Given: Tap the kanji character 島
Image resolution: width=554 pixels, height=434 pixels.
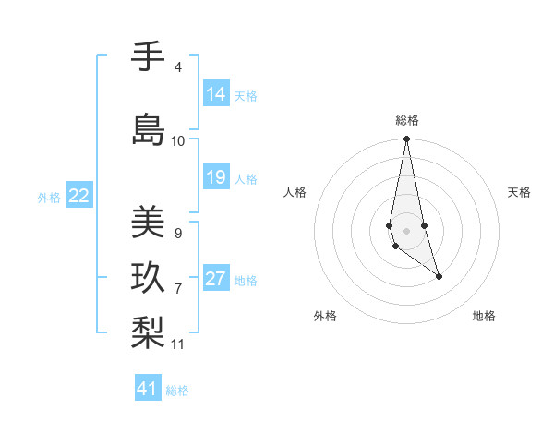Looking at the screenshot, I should pyautogui.click(x=148, y=128).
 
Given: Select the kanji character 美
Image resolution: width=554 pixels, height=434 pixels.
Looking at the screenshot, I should pyautogui.click(x=148, y=222).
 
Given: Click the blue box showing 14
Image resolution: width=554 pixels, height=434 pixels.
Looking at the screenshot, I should pyautogui.click(x=216, y=94).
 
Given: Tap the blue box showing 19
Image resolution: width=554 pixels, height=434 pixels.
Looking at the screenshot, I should pyautogui.click(x=216, y=177).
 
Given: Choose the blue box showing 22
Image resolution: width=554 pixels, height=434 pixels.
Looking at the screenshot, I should pyautogui.click(x=79, y=196).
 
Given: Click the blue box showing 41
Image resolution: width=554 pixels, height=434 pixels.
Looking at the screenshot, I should pyautogui.click(x=148, y=389).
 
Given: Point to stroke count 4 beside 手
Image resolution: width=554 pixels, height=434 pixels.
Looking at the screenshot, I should pyautogui.click(x=177, y=67).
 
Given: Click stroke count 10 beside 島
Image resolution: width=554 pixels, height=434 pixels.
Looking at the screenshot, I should pyautogui.click(x=177, y=141).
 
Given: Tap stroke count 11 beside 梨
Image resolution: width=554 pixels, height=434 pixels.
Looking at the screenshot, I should pyautogui.click(x=178, y=344).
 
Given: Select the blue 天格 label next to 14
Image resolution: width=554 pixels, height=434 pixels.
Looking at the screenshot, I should pyautogui.click(x=246, y=95).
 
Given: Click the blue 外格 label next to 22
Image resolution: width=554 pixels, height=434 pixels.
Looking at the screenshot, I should pyautogui.click(x=49, y=197).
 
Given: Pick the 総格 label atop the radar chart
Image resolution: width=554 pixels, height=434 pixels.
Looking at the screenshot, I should pyautogui.click(x=406, y=120).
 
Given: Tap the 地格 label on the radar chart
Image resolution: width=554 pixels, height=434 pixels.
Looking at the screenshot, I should pyautogui.click(x=484, y=316).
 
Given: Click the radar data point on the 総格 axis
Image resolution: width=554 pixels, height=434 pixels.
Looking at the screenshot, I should pyautogui.click(x=406, y=139).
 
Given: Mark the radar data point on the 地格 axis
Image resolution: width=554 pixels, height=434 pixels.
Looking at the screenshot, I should pyautogui.click(x=439, y=276).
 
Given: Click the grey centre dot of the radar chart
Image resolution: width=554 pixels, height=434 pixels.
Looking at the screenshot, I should pyautogui.click(x=406, y=230).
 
